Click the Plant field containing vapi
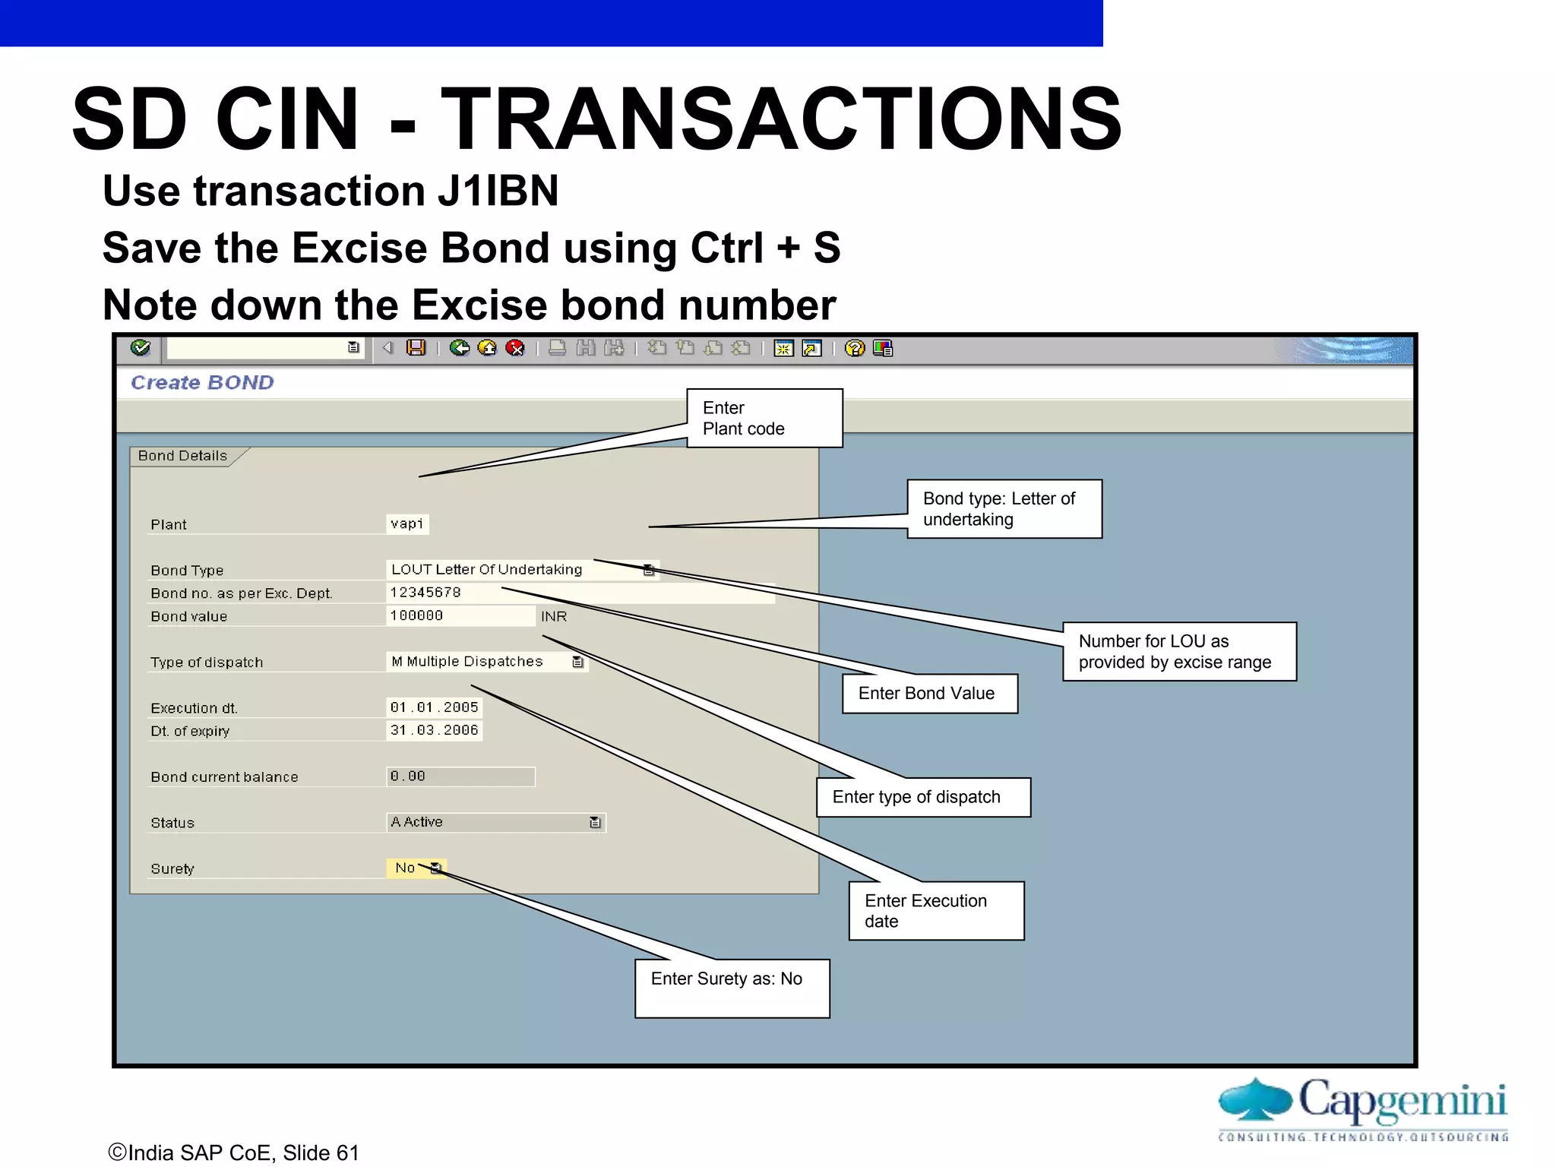[x=407, y=524]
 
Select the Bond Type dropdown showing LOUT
[x=520, y=570]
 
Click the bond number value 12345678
[x=425, y=593]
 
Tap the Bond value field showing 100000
[x=460, y=615]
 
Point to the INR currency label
[x=554, y=616]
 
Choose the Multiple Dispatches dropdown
[x=486, y=662]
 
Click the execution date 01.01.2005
[x=434, y=707]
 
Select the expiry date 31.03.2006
[x=434, y=730]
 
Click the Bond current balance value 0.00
[x=460, y=776]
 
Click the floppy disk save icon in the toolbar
[x=416, y=348]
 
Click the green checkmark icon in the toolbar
[x=141, y=348]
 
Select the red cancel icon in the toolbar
[x=515, y=348]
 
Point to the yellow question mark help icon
[x=855, y=348]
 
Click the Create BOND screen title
[x=202, y=382]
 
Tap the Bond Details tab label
[x=183, y=456]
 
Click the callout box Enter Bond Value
[x=929, y=694]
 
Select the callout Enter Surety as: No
[x=732, y=988]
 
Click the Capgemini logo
[x=1363, y=1108]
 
